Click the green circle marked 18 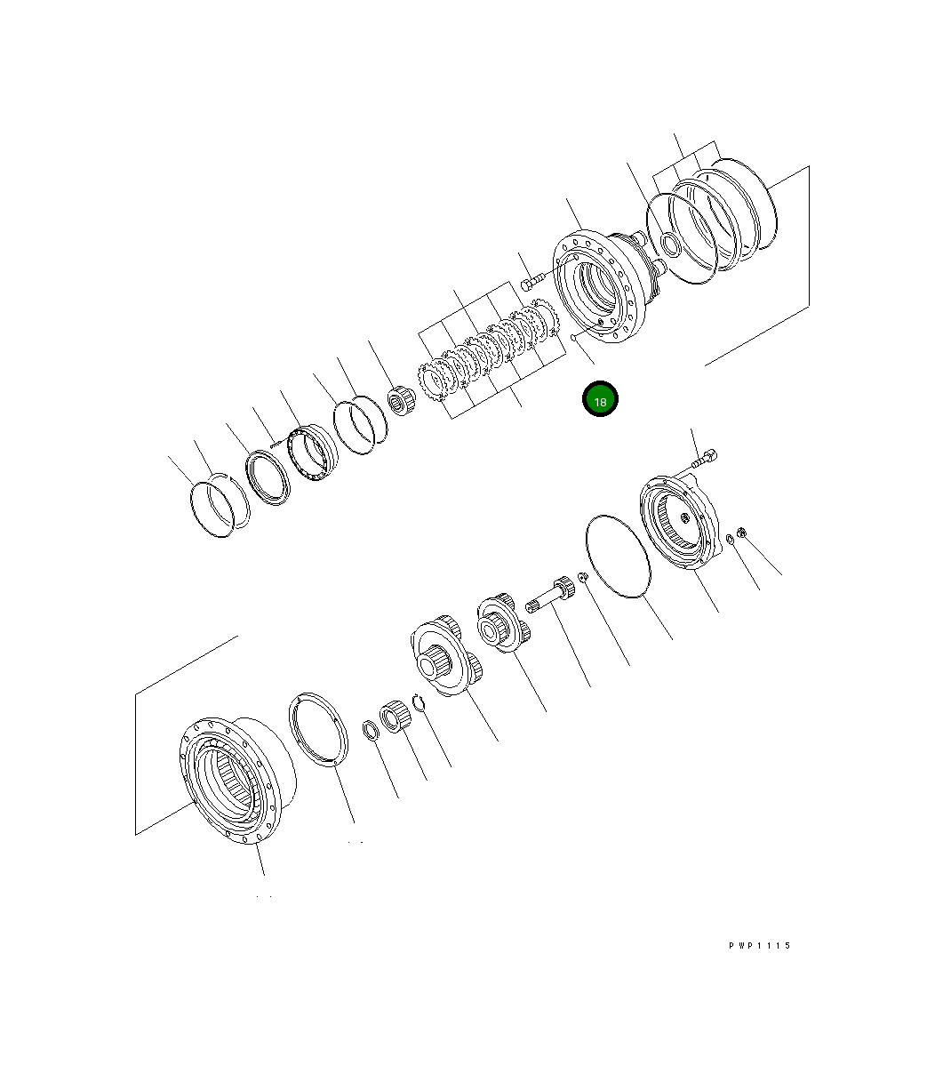[600, 401]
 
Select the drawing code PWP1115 [759, 946]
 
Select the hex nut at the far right [743, 533]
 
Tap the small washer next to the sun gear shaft [582, 578]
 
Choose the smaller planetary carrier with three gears [501, 622]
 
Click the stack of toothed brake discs [489, 351]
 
